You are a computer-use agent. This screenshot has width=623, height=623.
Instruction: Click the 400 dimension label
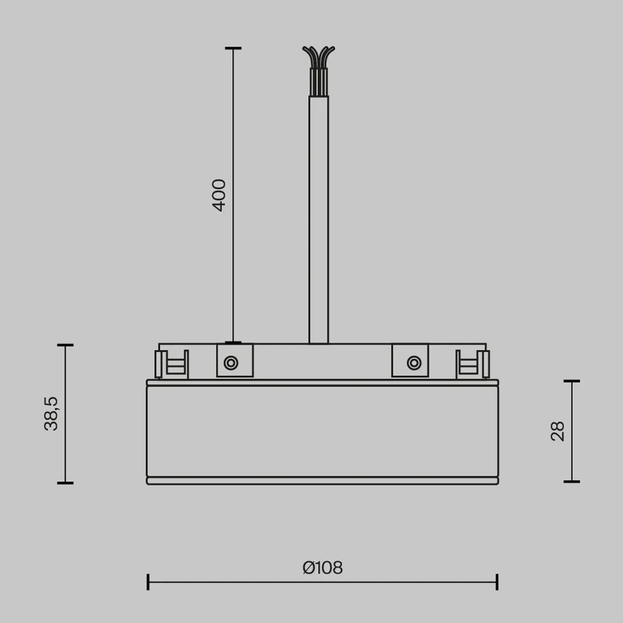219,195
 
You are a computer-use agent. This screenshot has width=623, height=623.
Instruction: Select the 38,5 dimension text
51,414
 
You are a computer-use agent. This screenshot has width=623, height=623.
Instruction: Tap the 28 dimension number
557,431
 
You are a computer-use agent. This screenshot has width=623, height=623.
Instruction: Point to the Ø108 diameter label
322,568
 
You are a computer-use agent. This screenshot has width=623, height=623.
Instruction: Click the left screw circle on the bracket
231,363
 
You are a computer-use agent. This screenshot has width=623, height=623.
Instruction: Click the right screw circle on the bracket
414,363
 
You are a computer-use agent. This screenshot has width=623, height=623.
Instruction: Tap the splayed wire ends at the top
319,54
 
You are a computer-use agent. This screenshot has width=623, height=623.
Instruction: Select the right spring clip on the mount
472,364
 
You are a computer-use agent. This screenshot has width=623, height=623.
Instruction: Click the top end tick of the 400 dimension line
233,48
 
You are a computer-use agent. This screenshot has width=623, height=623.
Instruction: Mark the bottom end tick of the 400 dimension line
233,342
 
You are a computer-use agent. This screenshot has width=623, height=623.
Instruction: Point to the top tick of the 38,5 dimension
65,346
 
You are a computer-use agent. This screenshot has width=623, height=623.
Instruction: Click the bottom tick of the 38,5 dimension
65,483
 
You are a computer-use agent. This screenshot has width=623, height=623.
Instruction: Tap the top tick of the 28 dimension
572,381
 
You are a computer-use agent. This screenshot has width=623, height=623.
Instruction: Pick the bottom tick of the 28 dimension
572,482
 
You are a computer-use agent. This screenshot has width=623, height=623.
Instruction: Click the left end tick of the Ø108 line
148,582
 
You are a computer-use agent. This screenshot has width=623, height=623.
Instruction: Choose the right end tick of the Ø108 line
497,582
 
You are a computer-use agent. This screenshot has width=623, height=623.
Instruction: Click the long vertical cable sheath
319,217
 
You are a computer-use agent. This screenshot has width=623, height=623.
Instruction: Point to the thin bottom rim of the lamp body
322,481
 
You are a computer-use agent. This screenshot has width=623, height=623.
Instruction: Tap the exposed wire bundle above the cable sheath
319,81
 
